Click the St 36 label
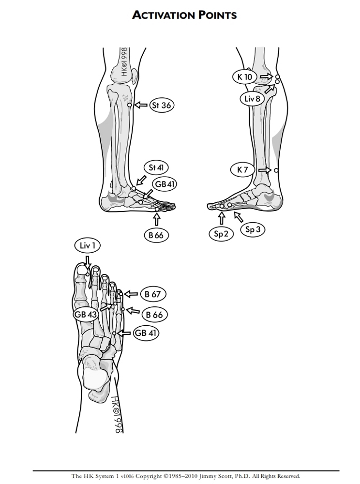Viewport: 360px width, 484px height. click(x=162, y=105)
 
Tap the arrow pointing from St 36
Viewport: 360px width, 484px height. click(x=141, y=105)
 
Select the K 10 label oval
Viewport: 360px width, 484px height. click(x=245, y=77)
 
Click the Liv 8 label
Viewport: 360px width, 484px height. click(x=253, y=99)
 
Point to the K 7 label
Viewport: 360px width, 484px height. click(x=242, y=169)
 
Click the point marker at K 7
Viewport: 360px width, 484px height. click(x=276, y=170)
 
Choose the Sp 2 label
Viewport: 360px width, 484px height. click(x=221, y=234)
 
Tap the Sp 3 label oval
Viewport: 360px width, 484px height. click(x=253, y=229)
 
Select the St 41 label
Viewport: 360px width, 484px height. click(x=156, y=167)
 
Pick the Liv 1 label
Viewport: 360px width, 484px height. click(x=87, y=246)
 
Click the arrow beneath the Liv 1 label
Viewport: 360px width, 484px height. click(x=88, y=262)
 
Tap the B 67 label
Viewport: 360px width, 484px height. click(x=153, y=294)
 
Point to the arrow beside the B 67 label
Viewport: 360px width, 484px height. click(x=131, y=294)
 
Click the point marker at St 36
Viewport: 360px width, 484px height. click(x=130, y=105)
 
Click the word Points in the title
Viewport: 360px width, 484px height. click(x=217, y=15)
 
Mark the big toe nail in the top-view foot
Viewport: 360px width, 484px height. click(x=82, y=270)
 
